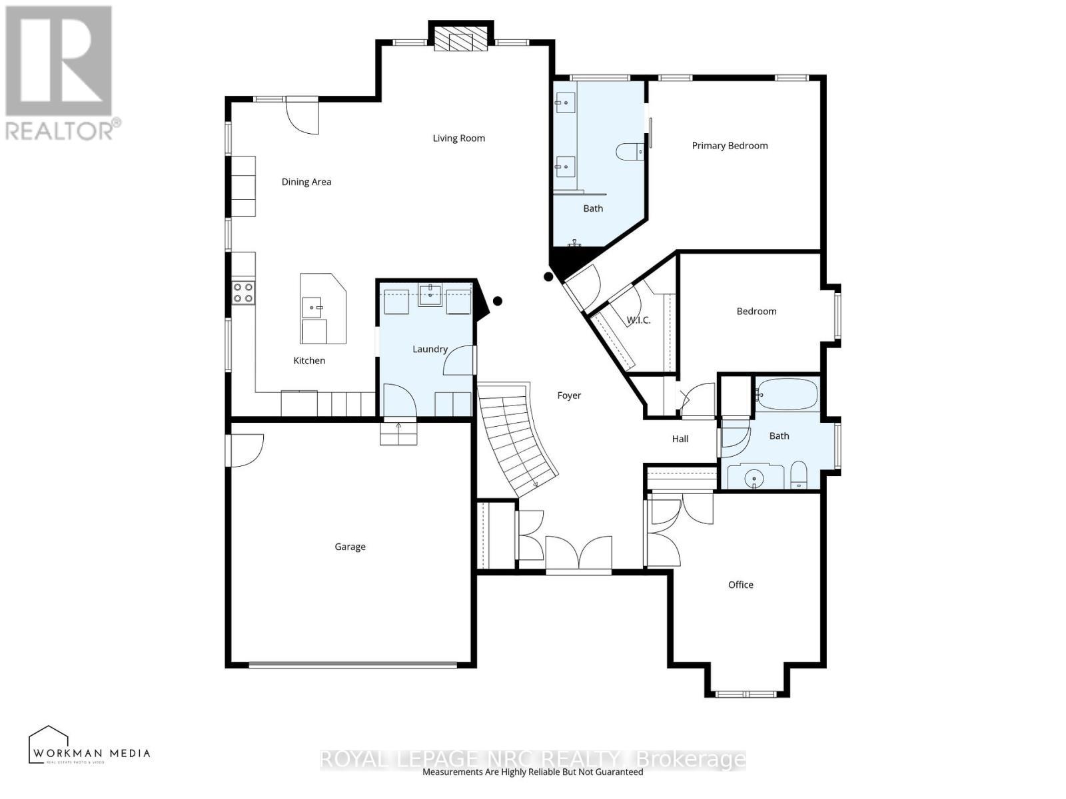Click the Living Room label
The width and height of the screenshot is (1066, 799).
458,138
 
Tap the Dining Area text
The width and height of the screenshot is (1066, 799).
306,182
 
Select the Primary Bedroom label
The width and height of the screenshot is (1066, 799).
730,146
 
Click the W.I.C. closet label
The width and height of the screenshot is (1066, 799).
638,320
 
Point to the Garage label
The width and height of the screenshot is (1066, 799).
350,547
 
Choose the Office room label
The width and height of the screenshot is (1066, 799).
740,585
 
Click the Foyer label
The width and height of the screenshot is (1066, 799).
569,396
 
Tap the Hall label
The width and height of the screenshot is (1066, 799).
680,439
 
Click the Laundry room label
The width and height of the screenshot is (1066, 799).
430,349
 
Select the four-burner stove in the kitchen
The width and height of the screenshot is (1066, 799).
243,293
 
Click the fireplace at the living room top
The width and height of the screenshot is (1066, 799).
460,38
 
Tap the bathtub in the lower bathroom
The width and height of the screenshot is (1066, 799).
787,395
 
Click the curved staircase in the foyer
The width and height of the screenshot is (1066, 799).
516,439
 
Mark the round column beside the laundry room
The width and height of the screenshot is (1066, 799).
497,301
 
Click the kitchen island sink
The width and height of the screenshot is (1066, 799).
312,308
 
